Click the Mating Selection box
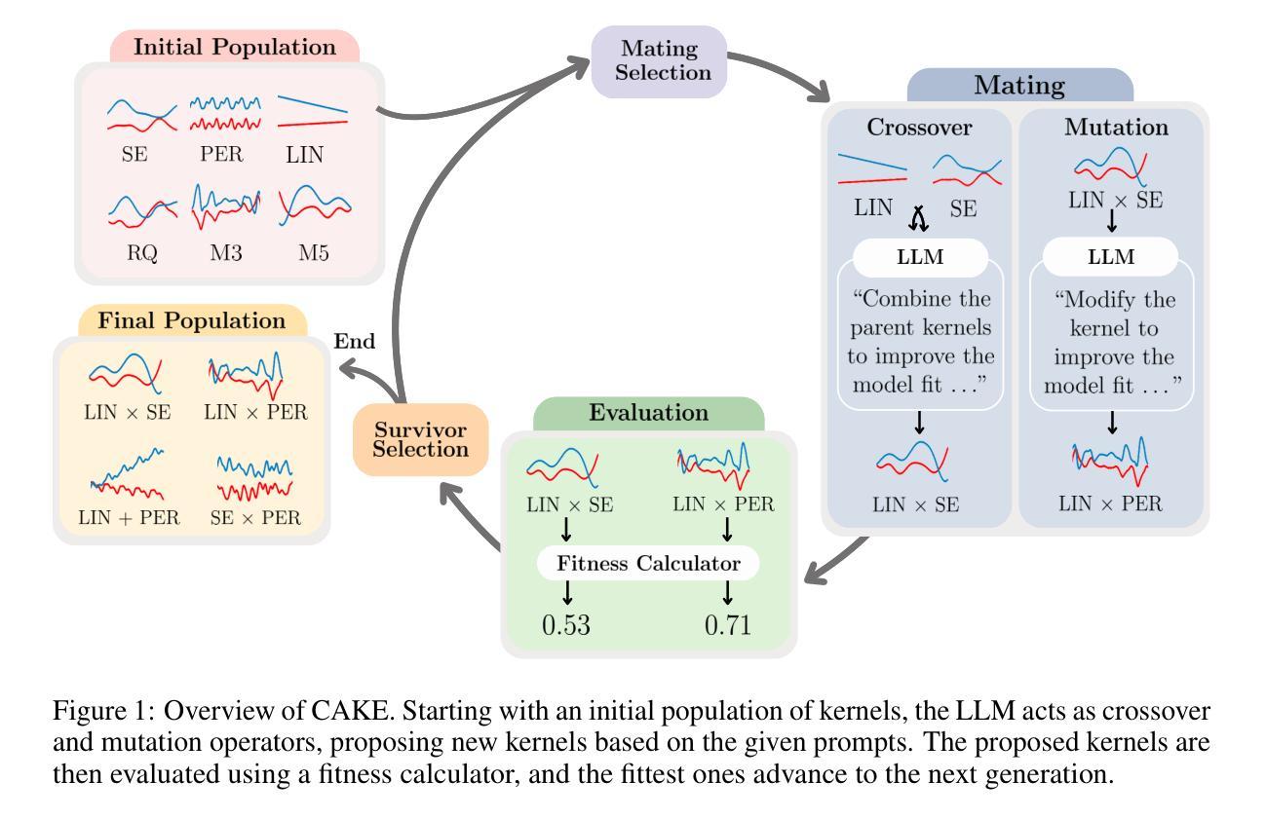click(x=660, y=60)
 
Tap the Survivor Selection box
click(x=420, y=439)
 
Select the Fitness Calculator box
click(x=648, y=563)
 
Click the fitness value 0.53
click(x=566, y=624)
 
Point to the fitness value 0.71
click(x=727, y=624)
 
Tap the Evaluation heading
click(x=648, y=412)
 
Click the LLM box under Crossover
click(x=920, y=258)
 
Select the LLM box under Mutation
click(x=1110, y=258)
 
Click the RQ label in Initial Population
click(x=141, y=253)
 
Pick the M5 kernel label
click(x=314, y=253)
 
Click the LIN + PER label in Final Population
click(x=130, y=517)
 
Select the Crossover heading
click(x=919, y=128)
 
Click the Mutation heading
click(x=1116, y=128)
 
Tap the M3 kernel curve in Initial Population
click(x=226, y=207)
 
